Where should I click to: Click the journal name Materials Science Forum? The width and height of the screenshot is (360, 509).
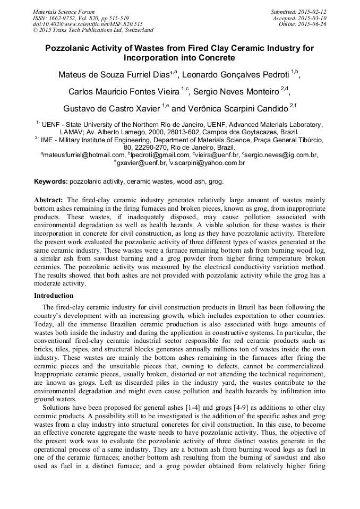pyautogui.click(x=64, y=12)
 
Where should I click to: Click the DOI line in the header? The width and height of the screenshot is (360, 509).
pyautogui.click(x=88, y=24)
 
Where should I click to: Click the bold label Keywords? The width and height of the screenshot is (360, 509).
pyautogui.click(x=51, y=182)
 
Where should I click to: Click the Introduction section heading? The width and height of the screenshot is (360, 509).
pyautogui.click(x=54, y=296)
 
